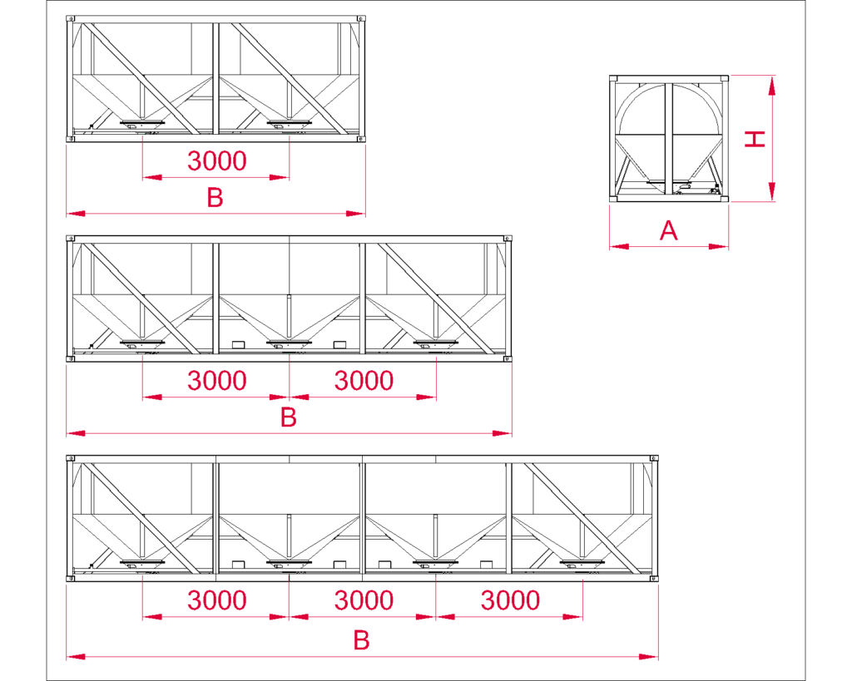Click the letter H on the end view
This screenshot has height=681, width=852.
tap(755, 139)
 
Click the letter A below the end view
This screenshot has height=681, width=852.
tap(669, 230)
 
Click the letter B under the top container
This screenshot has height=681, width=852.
tap(215, 198)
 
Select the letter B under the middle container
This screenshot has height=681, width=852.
tap(288, 417)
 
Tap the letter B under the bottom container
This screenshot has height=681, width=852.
tap(361, 640)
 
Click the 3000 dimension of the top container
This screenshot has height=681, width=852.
tap(216, 160)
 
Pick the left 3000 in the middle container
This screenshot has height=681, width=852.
tap(216, 381)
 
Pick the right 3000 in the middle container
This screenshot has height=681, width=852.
tap(364, 381)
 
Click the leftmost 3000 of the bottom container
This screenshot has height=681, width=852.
tap(216, 600)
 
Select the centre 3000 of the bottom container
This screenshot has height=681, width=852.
tap(364, 600)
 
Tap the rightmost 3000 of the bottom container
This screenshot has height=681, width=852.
tap(510, 600)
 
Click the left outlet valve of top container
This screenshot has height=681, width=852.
tap(143, 124)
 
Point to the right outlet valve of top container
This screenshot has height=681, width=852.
tap(290, 124)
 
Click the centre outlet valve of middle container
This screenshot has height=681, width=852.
tap(290, 343)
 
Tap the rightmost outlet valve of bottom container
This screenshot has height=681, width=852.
tap(583, 564)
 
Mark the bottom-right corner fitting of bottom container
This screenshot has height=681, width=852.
tap(654, 578)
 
